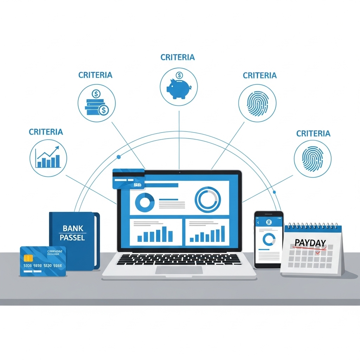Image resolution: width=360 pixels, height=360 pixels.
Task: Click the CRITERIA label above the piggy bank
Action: coord(178,57)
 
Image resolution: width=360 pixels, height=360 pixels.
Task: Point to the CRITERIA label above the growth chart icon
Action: coord(46,132)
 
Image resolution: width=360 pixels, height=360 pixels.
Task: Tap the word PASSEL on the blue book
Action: coord(72,238)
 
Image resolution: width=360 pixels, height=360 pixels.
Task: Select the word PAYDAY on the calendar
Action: coord(310,243)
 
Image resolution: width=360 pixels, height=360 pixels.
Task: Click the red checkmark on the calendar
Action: coord(318,252)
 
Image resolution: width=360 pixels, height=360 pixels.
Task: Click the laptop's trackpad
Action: coord(179,270)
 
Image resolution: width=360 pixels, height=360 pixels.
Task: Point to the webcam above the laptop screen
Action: coord(179,173)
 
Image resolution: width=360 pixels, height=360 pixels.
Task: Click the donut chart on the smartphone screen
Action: coord(269,239)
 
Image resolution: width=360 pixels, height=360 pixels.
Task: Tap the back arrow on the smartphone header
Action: coord(258,223)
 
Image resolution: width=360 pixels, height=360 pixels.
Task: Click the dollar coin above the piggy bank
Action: coord(179,75)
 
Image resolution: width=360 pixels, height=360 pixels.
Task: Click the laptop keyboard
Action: coord(179,259)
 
